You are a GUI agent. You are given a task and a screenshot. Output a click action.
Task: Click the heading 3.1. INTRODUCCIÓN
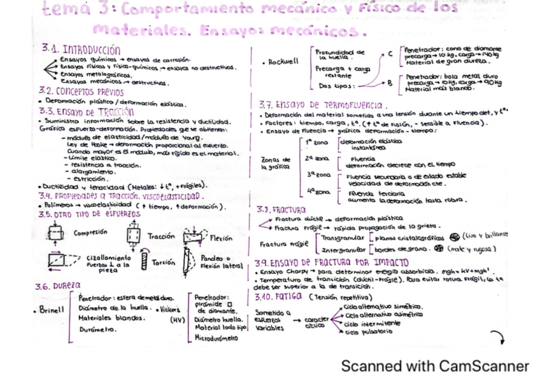(x=81, y=49)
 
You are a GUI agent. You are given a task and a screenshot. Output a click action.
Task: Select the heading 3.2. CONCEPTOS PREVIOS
(x=81, y=91)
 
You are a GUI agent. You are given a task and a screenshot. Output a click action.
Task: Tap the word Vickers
(x=169, y=309)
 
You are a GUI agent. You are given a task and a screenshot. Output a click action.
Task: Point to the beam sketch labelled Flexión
(x=195, y=237)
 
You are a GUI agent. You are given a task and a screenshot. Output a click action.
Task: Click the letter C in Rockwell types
(x=390, y=55)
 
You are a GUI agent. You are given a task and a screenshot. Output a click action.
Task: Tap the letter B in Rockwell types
(x=390, y=82)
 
